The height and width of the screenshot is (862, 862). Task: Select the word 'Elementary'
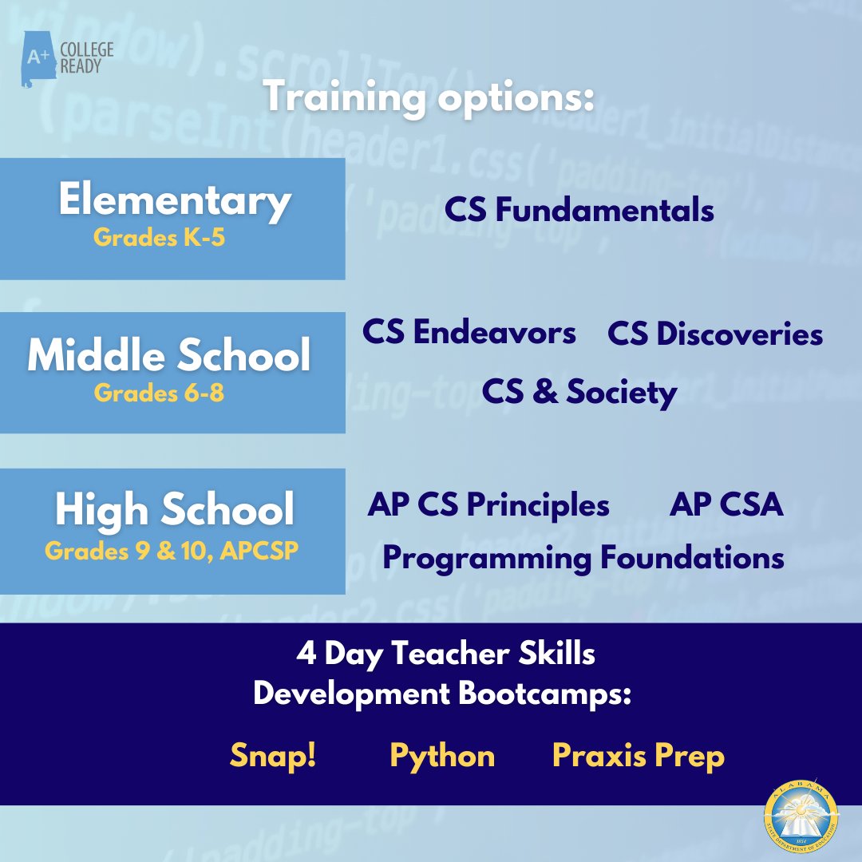point(174,200)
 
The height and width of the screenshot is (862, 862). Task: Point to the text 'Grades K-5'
point(159,238)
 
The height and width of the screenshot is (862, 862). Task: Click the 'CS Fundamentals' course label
point(579,210)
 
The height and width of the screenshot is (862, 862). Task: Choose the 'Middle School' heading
point(169,355)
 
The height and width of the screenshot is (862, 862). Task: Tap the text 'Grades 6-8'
point(159,393)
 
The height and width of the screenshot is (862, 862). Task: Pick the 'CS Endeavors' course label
point(469,332)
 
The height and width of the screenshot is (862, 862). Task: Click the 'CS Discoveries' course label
point(715,334)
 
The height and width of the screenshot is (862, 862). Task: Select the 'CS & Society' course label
point(579,392)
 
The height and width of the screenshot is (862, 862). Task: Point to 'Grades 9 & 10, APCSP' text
point(172,550)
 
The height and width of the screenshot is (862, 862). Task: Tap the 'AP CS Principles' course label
point(488,504)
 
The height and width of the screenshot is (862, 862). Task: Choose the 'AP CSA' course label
point(726,504)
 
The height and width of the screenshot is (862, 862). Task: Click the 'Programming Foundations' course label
point(583,558)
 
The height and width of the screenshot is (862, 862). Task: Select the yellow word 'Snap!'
point(273,755)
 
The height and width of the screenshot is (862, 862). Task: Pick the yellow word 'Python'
point(441,756)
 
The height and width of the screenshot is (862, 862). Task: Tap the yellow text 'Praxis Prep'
point(638,756)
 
